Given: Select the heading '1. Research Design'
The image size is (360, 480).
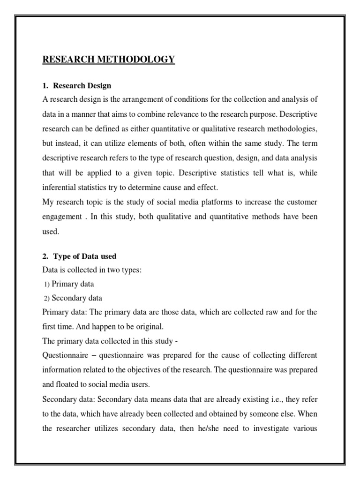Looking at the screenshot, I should (77, 86).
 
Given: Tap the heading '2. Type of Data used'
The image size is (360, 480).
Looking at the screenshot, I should (80, 256).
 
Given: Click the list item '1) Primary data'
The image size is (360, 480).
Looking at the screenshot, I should (68, 284).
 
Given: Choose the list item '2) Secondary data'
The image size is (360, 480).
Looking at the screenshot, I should (73, 298).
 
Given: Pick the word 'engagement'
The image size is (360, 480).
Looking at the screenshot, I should (64, 217).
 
